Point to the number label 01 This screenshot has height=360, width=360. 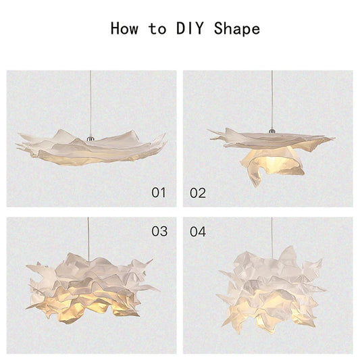(x=158, y=192)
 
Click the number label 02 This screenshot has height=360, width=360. (x=198, y=192)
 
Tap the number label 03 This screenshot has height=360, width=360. (x=159, y=232)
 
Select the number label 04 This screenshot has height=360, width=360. (x=198, y=232)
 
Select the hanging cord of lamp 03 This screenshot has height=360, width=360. (x=90, y=236)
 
